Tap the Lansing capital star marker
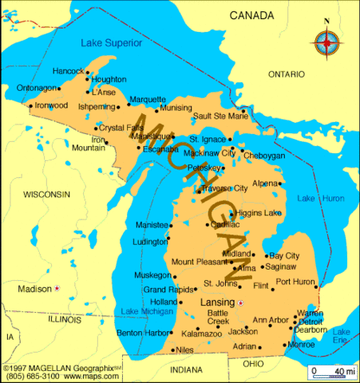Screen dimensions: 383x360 [x=240, y=302]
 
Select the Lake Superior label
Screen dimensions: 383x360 [x=112, y=41]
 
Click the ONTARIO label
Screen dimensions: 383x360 [x=287, y=73]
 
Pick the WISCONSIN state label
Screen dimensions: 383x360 [x=46, y=194]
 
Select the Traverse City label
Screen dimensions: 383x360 [x=224, y=188]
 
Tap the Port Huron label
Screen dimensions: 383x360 [x=295, y=282]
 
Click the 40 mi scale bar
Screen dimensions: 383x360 [x=331, y=372]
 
